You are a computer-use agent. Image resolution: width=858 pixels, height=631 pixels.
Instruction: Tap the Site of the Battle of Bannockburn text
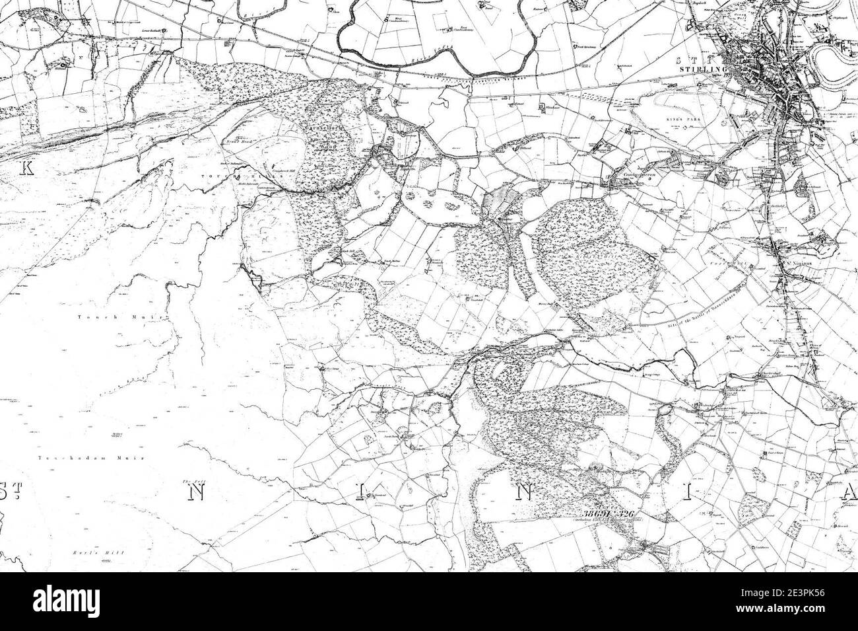702,306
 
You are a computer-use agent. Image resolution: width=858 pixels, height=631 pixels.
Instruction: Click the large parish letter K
27,168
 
